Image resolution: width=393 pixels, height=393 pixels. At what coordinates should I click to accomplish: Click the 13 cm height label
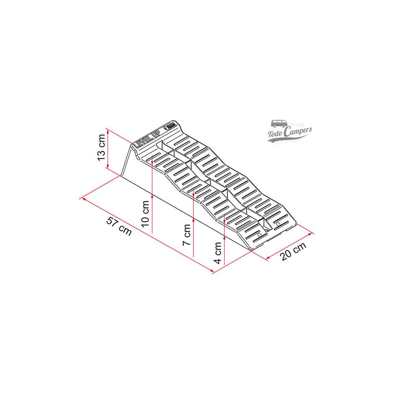click(101, 150)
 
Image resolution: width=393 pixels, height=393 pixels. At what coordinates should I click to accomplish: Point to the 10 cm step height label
click(145, 214)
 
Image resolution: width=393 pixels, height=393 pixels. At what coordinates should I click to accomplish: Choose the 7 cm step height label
click(187, 235)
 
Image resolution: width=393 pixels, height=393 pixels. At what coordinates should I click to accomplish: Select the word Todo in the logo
click(276, 134)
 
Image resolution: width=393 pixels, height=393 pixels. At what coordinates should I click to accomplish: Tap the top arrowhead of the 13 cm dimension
click(107, 130)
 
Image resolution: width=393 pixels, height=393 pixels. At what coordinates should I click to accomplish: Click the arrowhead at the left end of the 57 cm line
click(82, 198)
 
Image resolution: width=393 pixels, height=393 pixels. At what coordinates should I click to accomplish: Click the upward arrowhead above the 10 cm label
click(151, 156)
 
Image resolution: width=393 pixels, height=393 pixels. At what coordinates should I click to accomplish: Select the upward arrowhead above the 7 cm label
click(194, 187)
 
